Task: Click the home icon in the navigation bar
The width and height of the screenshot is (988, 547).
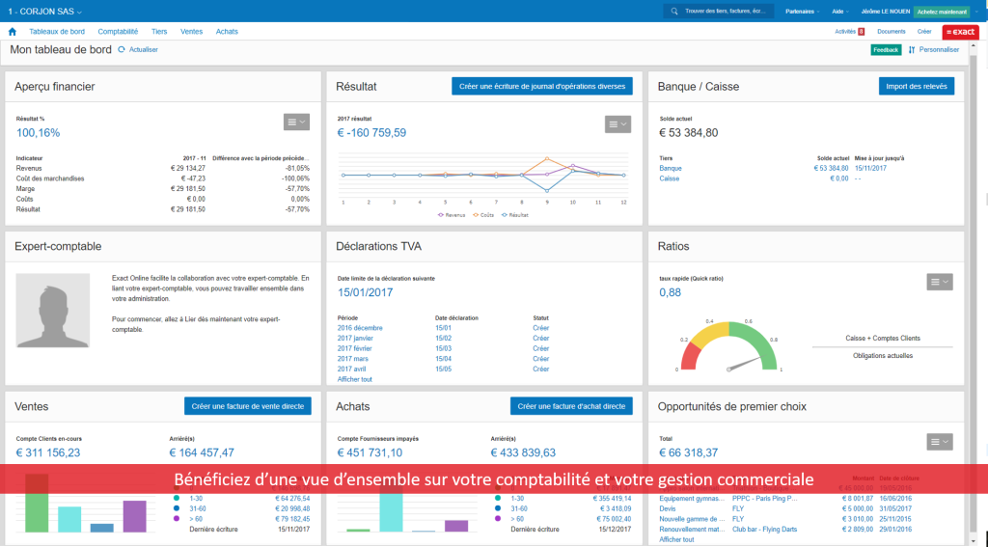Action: coord(13,32)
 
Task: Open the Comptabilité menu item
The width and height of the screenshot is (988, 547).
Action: coord(118,32)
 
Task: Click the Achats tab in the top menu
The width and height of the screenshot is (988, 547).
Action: coord(227,32)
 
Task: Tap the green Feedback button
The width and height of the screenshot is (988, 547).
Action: coord(886,49)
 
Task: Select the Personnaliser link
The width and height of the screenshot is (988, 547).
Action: coord(938,49)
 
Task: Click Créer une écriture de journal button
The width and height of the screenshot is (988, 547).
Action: coord(542,86)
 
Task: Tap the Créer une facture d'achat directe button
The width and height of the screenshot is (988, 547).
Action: coord(571,406)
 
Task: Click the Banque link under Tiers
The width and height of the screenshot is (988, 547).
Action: coord(671,168)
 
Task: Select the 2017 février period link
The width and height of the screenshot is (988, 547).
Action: coord(355,348)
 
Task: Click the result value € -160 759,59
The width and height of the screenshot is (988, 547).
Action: coord(371,133)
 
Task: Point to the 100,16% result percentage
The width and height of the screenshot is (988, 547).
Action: coord(38,133)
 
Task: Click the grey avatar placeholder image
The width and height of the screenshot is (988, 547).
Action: coord(54,310)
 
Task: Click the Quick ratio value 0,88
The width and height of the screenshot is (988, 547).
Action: coord(670,292)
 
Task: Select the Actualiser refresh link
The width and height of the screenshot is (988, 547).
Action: coord(142,49)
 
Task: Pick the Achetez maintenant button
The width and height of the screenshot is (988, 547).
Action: coord(942,12)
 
